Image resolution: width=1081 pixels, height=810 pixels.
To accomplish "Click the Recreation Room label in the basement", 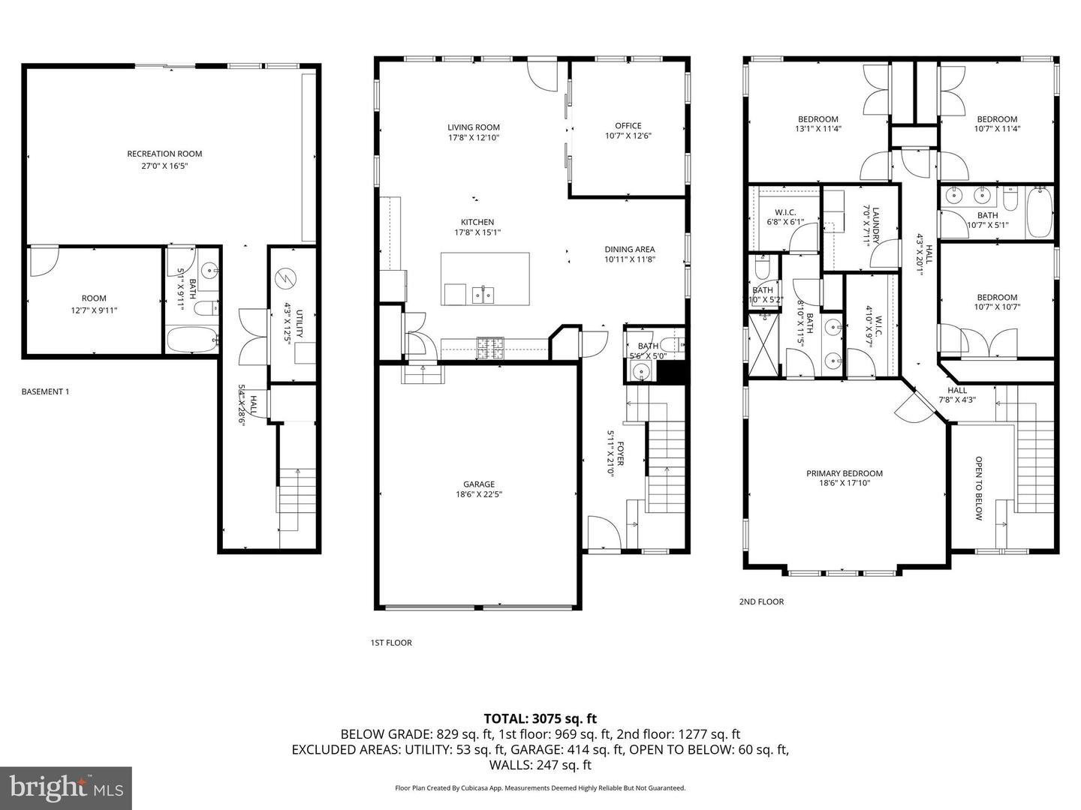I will click(164, 154).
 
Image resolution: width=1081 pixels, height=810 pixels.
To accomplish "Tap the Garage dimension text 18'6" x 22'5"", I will click(478, 494).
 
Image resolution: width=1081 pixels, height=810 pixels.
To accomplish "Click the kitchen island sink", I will click(483, 295).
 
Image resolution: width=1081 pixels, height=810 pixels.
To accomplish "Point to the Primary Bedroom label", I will click(844, 473).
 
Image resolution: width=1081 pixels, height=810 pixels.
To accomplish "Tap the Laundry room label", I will click(875, 226).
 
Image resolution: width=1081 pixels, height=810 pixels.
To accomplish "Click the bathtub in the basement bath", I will click(191, 340).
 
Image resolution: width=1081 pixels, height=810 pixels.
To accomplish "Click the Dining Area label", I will click(629, 250).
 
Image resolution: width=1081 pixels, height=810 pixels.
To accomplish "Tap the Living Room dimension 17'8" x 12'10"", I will click(474, 138).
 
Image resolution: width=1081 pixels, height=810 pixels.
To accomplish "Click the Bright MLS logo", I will click(66, 787).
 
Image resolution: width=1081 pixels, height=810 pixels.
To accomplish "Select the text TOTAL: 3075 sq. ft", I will click(540, 719).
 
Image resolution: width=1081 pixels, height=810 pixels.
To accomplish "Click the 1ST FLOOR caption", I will click(391, 643).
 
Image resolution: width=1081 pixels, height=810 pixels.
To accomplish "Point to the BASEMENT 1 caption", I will click(45, 391).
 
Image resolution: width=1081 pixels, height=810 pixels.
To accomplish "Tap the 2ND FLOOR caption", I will click(761, 601).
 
